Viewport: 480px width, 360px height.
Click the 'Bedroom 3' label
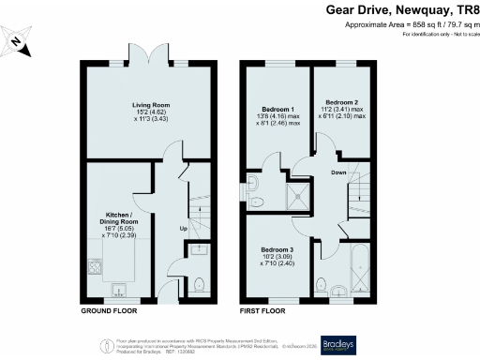278,249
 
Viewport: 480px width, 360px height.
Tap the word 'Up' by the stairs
185,228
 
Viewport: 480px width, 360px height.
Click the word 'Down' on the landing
340,173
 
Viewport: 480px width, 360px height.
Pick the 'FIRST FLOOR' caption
262,309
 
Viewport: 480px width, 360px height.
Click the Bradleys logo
338,344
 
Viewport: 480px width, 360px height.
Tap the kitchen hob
95,267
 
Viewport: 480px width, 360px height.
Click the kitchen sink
119,288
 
